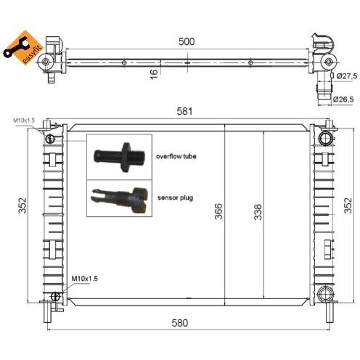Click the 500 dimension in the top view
coord(187,41)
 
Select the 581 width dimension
coord(184,111)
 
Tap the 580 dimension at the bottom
coord(180,323)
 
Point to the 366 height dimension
coord(218,211)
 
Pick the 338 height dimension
coord(258,212)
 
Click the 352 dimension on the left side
coord(22,205)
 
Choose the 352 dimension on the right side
coord(348,205)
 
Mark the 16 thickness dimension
coord(154,74)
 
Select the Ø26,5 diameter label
coord(343,99)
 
